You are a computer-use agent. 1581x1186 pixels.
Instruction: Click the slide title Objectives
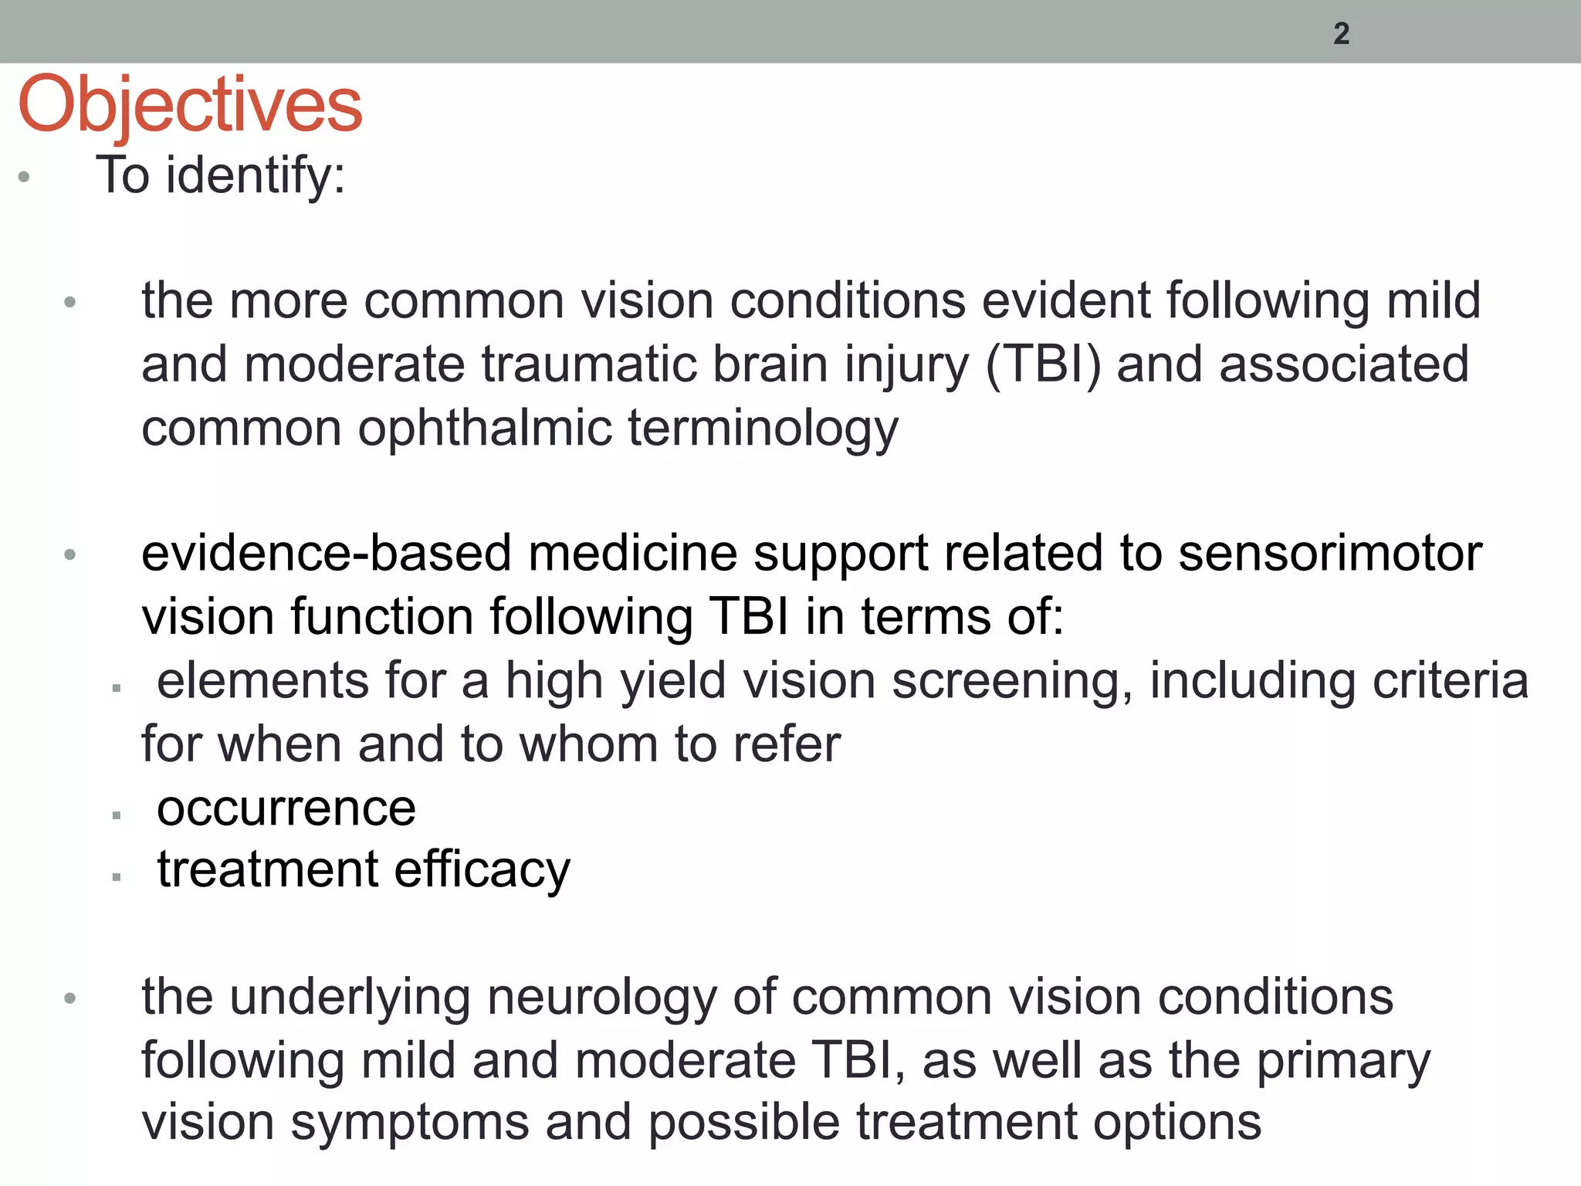coord(190,105)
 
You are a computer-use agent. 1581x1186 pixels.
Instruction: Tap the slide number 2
coord(1342,34)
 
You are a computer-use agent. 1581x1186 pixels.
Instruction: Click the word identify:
coord(256,176)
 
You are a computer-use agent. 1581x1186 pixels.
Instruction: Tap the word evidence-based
coord(326,554)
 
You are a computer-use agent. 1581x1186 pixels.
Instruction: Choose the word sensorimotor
coord(1330,554)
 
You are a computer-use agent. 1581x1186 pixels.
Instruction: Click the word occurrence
coord(286,808)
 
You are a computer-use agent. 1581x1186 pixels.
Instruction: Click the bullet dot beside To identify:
coord(24,177)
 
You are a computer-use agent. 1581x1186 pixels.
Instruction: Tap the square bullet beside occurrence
coord(117,815)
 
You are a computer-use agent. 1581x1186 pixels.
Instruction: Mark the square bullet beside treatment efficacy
coord(117,877)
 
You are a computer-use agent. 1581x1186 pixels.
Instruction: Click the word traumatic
coord(589,364)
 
